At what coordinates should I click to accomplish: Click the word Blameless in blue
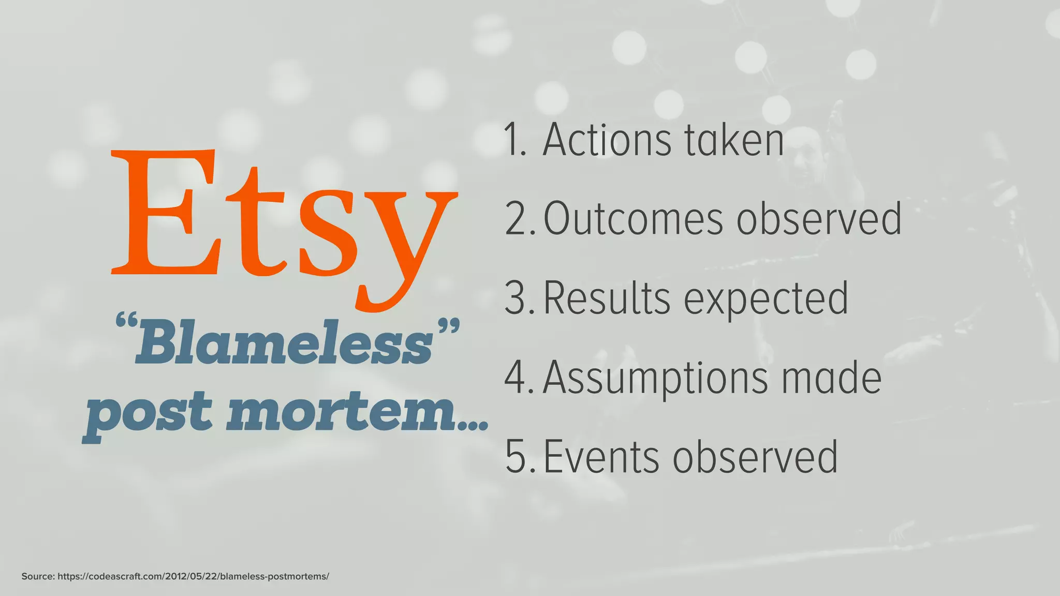[284, 344]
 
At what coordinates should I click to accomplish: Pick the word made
[831, 378]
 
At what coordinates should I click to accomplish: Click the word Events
[600, 457]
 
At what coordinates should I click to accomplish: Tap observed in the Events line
[755, 457]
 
